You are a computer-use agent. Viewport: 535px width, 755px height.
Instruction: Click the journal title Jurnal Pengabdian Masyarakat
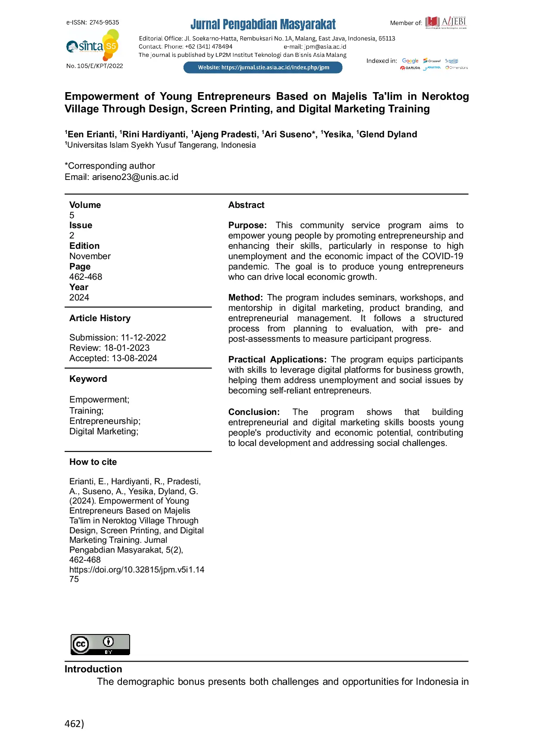coord(263,24)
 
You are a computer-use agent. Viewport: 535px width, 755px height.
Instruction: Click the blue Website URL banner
coord(263,68)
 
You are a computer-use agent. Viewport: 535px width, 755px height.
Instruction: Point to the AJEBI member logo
coord(446,22)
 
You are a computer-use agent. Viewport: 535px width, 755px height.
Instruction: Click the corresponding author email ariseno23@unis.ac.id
coord(135,177)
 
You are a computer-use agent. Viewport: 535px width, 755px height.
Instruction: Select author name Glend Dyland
coord(388,134)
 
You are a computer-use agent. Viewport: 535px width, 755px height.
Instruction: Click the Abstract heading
coord(246,205)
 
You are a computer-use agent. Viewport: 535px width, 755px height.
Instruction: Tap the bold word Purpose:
coord(247,225)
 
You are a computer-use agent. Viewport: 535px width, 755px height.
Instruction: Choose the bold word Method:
coord(245,297)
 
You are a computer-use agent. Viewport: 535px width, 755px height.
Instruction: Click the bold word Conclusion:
coord(254,412)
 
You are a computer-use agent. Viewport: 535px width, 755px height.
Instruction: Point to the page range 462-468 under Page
coord(86,277)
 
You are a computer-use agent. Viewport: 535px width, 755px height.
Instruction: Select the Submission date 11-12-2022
coord(143,337)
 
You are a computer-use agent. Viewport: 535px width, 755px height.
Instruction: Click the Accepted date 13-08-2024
coord(134,358)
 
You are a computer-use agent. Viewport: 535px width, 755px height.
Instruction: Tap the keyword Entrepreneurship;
coord(105,421)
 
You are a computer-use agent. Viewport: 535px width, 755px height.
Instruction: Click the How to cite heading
coord(93,462)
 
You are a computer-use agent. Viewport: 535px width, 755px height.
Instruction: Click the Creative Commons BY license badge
coord(100,644)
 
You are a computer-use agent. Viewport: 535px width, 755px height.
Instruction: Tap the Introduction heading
coord(93,669)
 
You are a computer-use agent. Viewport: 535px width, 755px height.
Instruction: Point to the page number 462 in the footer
coord(74,724)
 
